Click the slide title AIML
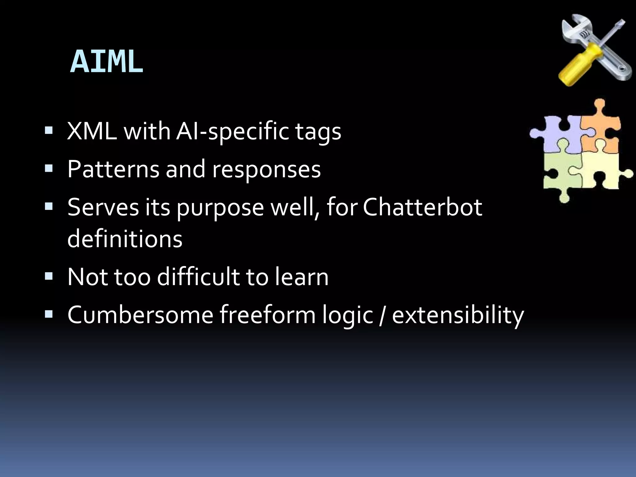[107, 62]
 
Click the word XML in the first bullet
[92, 131]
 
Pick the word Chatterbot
[422, 207]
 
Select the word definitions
[125, 239]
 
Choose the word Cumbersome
[140, 315]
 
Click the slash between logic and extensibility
[382, 315]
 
